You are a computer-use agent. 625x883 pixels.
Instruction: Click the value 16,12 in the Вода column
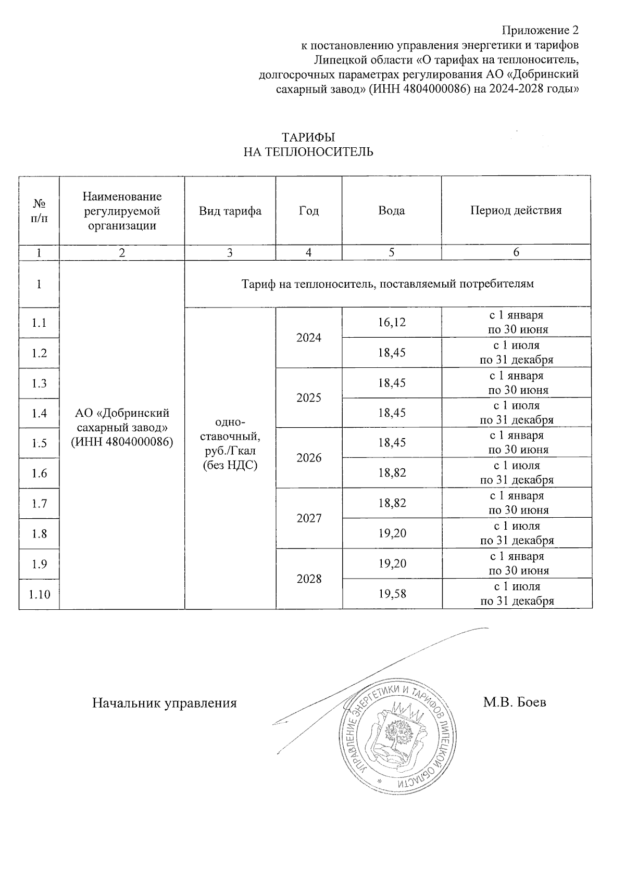[x=392, y=323]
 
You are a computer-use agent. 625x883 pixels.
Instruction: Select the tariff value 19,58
[x=392, y=594]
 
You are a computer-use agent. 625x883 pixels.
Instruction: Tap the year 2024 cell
[x=309, y=338]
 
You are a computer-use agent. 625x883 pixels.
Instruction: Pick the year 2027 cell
[x=309, y=518]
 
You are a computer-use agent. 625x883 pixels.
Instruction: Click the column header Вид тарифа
[x=230, y=211]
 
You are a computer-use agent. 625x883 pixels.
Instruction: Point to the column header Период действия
[x=516, y=210]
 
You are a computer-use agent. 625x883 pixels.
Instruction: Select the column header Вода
[x=392, y=211]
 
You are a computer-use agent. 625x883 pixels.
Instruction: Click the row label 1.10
[x=39, y=594]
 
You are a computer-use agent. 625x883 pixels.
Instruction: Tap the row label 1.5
[x=39, y=443]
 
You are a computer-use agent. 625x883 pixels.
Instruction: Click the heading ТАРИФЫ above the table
[x=308, y=137]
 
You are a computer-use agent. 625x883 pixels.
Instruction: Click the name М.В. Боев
[x=515, y=703]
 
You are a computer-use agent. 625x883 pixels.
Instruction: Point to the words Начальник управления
[x=165, y=703]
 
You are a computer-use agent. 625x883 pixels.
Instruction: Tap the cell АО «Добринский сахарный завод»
[x=122, y=427]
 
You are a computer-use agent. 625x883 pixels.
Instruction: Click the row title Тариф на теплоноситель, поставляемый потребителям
[x=387, y=284]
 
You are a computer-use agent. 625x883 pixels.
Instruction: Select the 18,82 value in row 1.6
[x=392, y=473]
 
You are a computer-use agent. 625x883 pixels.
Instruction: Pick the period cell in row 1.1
[x=516, y=322]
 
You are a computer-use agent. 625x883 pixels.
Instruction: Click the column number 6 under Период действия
[x=516, y=252]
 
